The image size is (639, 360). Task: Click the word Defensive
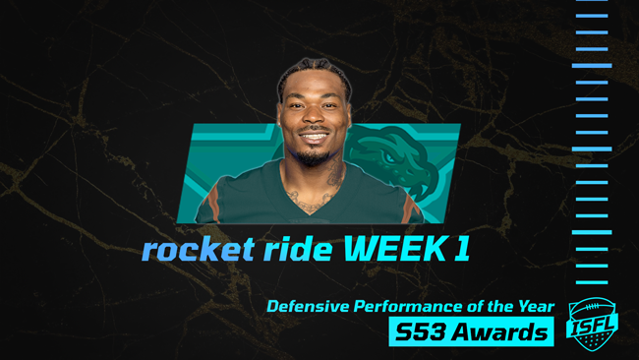[311, 307]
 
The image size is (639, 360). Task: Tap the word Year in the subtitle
[536, 307]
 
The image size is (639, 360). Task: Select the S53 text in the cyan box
[421, 332]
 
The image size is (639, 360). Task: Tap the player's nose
[315, 121]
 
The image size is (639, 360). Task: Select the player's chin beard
[315, 155]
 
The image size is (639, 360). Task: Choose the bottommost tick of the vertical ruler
[591, 282]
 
